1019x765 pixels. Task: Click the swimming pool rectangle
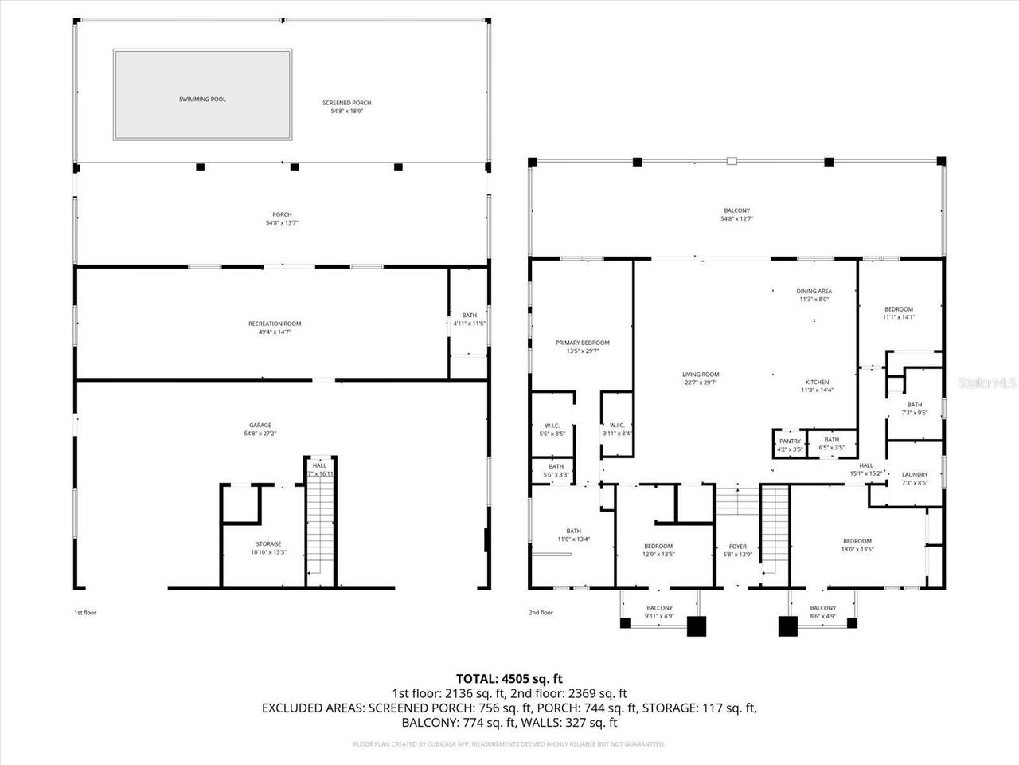click(202, 95)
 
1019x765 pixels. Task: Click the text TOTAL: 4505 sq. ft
click(509, 679)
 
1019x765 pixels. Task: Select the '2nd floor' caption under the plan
click(541, 613)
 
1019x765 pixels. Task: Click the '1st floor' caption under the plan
click(84, 613)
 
